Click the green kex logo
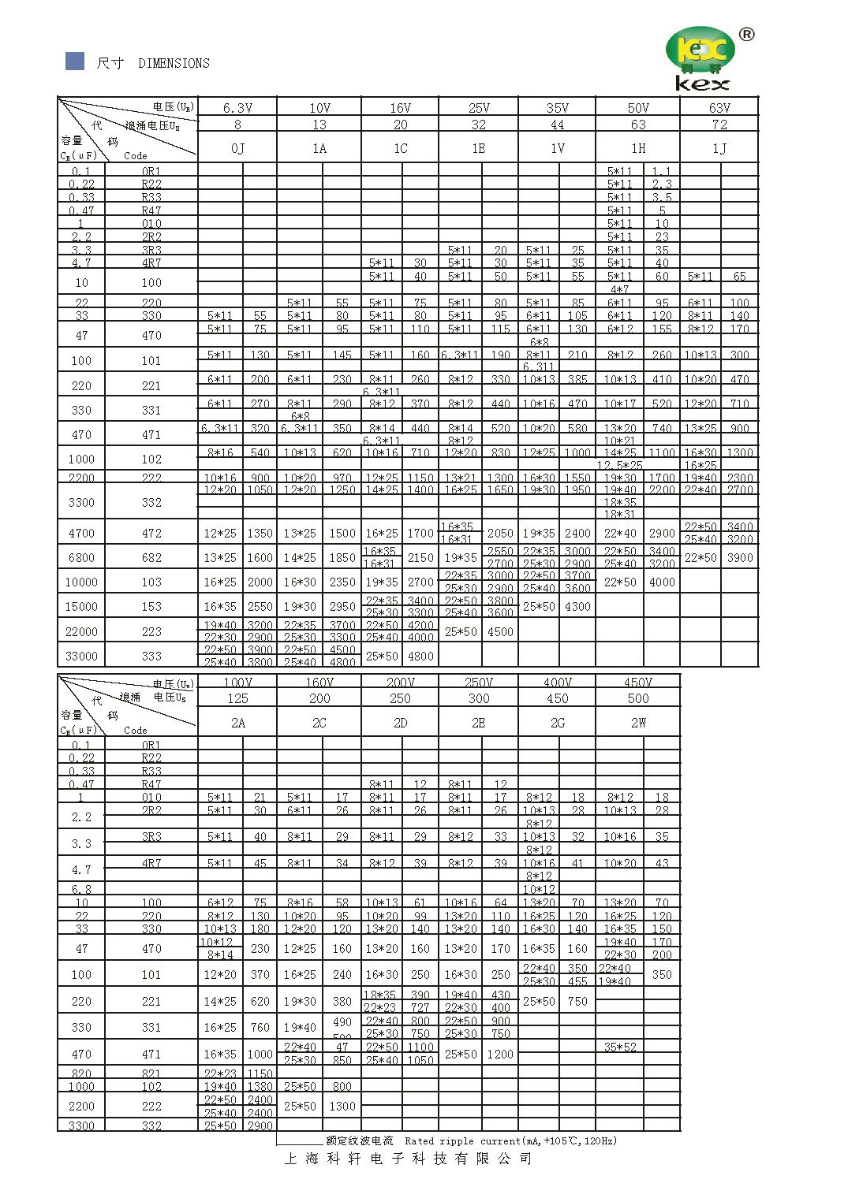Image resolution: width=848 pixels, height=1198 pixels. click(x=701, y=58)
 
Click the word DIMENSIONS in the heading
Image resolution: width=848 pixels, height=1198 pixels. click(x=174, y=63)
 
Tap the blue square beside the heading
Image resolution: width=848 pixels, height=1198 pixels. click(x=75, y=61)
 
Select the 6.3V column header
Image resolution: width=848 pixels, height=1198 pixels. click(x=237, y=108)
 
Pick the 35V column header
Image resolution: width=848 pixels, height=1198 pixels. click(x=557, y=108)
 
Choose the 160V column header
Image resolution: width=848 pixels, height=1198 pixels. click(x=319, y=683)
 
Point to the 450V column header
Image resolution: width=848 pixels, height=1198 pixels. click(x=637, y=683)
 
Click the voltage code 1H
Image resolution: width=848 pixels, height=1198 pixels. click(x=637, y=148)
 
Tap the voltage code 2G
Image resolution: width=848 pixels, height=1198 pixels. click(x=557, y=723)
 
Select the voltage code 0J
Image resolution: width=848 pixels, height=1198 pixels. click(x=237, y=148)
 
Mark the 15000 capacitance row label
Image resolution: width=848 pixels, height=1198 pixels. click(x=81, y=607)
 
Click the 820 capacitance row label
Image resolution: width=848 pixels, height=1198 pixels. click(x=81, y=1073)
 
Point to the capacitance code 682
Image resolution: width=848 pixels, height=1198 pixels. click(x=151, y=558)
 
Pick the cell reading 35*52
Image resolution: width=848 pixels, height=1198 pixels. click(x=620, y=1047)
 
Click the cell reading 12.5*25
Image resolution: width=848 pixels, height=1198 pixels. click(x=620, y=466)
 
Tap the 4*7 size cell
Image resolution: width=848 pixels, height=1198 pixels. click(x=620, y=289)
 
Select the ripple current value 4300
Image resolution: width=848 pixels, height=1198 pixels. click(x=577, y=607)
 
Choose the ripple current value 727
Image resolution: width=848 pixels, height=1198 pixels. click(x=420, y=1008)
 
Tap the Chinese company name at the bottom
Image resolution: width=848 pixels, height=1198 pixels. click(x=408, y=1159)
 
